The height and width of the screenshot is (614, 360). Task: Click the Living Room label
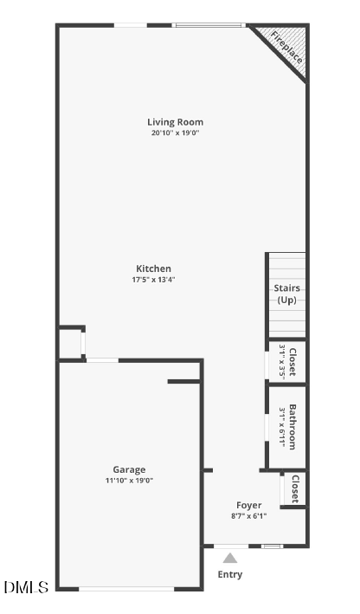tap(175, 122)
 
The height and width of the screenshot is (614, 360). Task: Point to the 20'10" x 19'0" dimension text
tap(175, 133)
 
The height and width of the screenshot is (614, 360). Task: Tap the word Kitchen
tap(153, 268)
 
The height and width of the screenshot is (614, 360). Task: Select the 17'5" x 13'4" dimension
tap(153, 280)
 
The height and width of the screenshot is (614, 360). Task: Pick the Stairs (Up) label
tap(288, 294)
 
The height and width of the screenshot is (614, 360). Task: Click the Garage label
tap(129, 469)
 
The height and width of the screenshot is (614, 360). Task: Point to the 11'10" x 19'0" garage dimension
tap(129, 481)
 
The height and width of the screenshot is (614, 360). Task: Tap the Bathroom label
tap(293, 426)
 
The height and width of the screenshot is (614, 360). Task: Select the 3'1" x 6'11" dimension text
tap(283, 426)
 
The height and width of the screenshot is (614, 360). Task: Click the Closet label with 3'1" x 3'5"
tap(293, 362)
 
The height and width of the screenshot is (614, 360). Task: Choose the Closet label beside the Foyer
tap(295, 489)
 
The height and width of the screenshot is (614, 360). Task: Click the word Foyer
tap(248, 505)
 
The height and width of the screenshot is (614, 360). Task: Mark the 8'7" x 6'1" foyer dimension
tap(248, 516)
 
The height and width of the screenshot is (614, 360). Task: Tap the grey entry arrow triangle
tap(230, 559)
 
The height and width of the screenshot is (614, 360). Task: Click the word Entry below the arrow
tap(230, 574)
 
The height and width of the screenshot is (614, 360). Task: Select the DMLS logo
tap(26, 587)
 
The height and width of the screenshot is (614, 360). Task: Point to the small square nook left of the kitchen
tap(70, 344)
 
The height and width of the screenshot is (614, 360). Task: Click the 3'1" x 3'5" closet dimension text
tap(283, 362)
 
